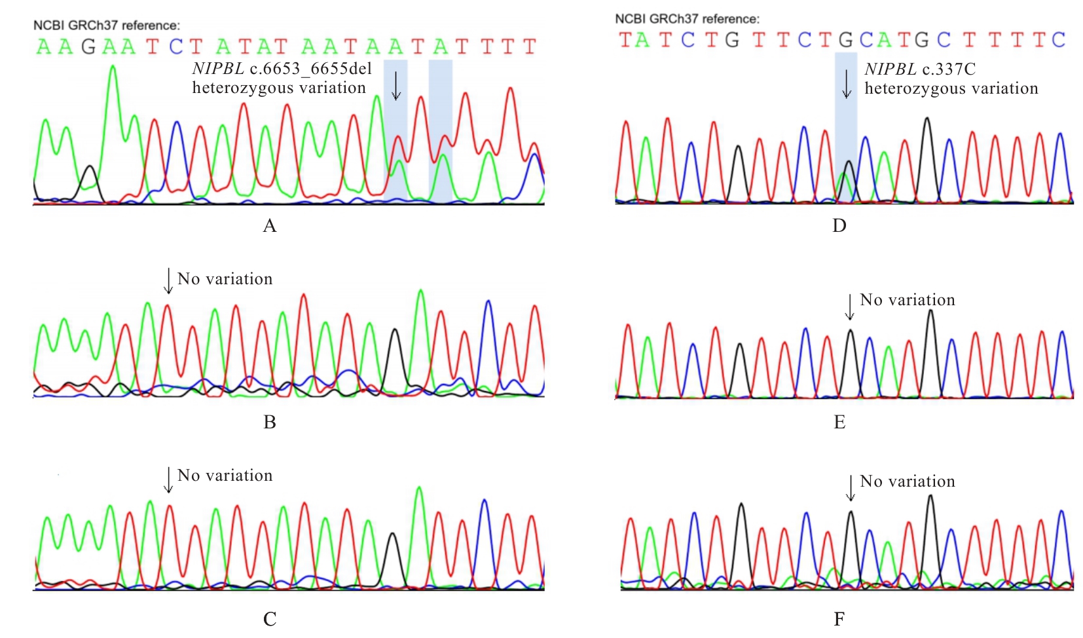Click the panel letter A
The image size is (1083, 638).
(269, 226)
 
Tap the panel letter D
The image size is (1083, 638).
(839, 226)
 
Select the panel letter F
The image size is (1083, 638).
(839, 619)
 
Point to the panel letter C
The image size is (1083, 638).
(269, 619)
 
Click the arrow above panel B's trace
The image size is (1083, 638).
(168, 280)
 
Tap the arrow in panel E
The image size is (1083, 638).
(849, 306)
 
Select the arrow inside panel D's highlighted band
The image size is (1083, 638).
(847, 84)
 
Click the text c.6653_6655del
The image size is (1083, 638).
(311, 69)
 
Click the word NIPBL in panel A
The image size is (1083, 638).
(217, 69)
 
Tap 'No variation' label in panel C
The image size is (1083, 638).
(225, 476)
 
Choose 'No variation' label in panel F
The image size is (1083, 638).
(907, 481)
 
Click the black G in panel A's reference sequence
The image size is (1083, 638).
(88, 47)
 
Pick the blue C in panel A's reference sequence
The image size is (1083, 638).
(175, 47)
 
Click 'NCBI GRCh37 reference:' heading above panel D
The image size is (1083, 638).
(687, 19)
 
